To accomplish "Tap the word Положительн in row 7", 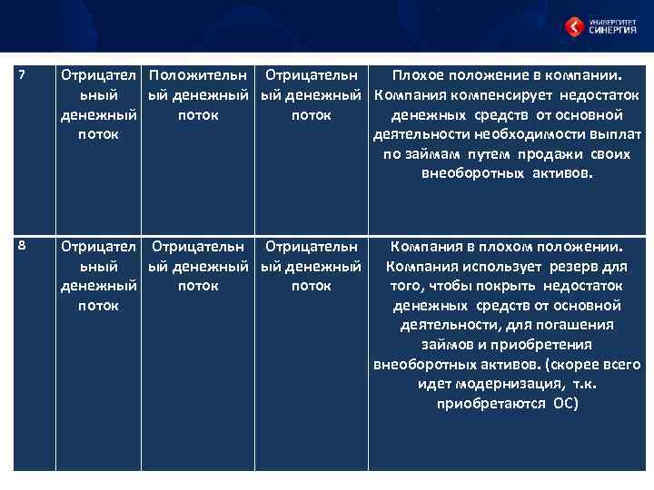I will [199, 75].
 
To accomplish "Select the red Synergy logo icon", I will [573, 26].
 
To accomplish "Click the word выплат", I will [619, 134].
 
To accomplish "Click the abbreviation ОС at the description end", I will [565, 404].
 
